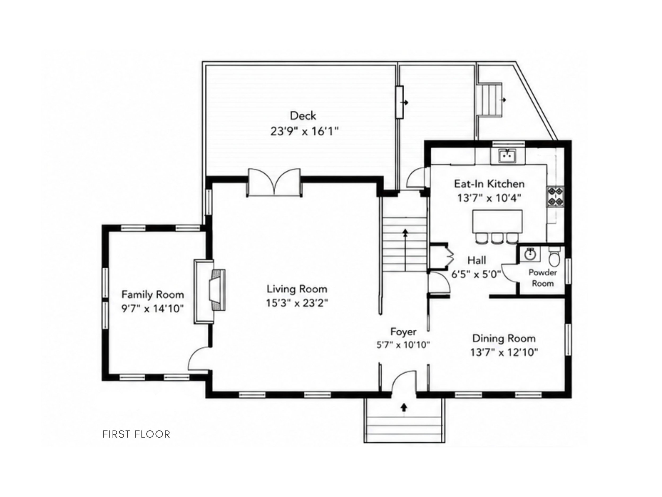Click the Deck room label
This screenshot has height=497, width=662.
[303, 116]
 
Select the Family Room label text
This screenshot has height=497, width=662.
[153, 294]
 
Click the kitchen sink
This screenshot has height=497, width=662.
[507, 156]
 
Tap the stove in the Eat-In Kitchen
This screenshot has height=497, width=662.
[556, 196]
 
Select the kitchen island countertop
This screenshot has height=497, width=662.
[497, 221]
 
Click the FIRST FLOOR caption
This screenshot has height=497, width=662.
[136, 434]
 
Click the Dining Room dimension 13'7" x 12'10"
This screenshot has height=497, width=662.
[504, 352]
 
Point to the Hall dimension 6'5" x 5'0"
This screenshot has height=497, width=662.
[476, 274]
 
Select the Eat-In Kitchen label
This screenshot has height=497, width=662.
[489, 184]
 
